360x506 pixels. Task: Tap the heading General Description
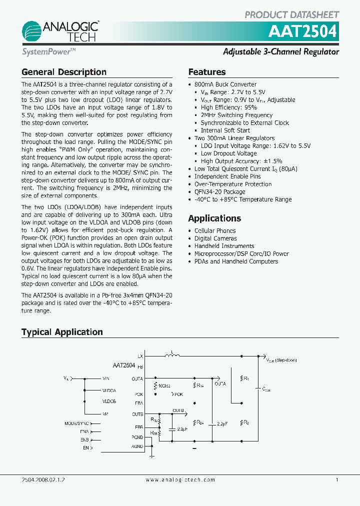click(x=64, y=72)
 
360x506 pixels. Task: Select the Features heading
click(x=207, y=72)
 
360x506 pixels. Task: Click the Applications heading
click(x=214, y=218)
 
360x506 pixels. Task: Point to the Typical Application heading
click(x=62, y=332)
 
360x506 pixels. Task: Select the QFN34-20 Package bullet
click(x=219, y=191)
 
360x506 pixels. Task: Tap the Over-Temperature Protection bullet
click(x=233, y=184)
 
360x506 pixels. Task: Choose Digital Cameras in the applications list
click(x=215, y=238)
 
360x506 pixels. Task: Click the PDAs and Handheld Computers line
click(x=236, y=261)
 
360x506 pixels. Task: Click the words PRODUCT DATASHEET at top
click(x=292, y=14)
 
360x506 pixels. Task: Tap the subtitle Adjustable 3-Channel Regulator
click(x=281, y=51)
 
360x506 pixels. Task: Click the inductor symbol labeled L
click(x=173, y=355)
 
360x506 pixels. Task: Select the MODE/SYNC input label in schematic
click(x=76, y=422)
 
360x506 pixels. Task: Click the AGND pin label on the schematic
click(x=137, y=446)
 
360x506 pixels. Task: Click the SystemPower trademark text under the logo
click(x=48, y=51)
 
